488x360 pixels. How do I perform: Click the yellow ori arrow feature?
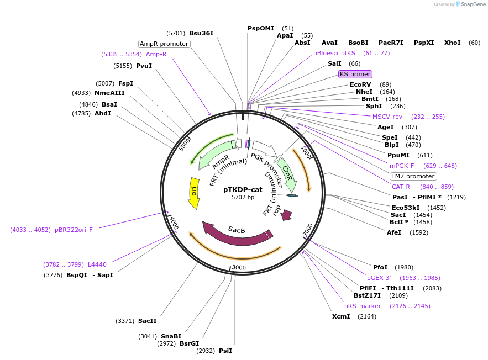pos(193,193)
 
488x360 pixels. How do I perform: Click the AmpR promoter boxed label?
pos(164,44)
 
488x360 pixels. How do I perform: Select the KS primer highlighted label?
pos(355,74)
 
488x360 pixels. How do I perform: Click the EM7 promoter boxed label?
pos(413,176)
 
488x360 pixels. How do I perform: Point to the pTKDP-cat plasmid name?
pos(243,189)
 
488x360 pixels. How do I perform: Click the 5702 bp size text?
pos(243,197)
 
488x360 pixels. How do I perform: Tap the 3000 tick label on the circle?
pos(238,267)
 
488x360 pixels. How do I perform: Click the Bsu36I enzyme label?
pos(201,33)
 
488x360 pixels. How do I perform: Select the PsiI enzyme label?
pos(225,351)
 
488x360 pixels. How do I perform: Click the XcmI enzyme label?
pos(341,316)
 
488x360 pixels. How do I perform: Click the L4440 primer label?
pos(97,264)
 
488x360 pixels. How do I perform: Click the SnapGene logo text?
pos(473,4)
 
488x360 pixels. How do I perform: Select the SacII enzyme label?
pos(148,321)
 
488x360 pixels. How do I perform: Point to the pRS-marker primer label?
pos(363,306)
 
